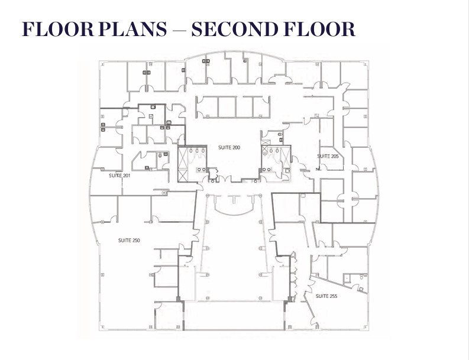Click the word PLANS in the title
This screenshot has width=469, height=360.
tap(132, 29)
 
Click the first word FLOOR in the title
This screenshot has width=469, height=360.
tap(58, 29)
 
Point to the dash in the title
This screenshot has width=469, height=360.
tap(179, 30)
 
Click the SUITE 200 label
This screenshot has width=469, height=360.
tap(229, 147)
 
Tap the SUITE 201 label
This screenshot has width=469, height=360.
tap(119, 176)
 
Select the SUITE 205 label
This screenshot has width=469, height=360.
tap(328, 156)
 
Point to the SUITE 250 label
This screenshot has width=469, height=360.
tap(129, 241)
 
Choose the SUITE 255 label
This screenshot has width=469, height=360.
tap(326, 296)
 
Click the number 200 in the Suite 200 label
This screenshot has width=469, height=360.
tap(236, 147)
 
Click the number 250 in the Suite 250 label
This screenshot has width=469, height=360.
tap(135, 241)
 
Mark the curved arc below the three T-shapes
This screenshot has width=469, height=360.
tap(234, 213)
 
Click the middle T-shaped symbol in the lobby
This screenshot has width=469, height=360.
tap(234, 199)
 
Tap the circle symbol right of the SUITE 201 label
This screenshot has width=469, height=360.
tap(164, 193)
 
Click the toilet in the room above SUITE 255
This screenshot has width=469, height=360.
tap(362, 277)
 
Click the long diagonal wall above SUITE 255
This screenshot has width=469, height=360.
tap(338, 285)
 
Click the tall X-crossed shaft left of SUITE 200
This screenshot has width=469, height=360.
tap(183, 164)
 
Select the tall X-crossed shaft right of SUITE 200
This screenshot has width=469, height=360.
tap(285, 158)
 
